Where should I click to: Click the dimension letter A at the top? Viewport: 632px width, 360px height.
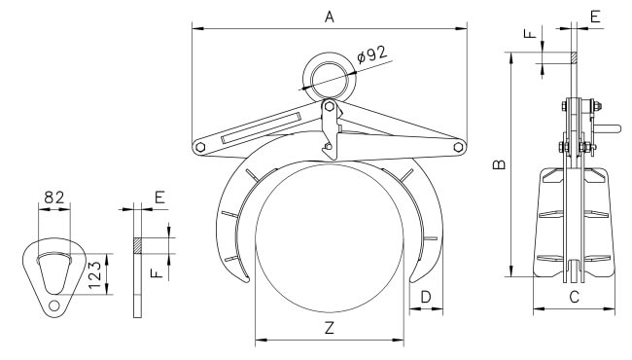pyautogui.click(x=330, y=17)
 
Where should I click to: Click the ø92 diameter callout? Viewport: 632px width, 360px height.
pyautogui.click(x=372, y=54)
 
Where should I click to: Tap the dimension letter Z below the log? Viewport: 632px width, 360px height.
pyautogui.click(x=330, y=328)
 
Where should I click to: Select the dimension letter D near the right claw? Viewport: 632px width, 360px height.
pyautogui.click(x=426, y=297)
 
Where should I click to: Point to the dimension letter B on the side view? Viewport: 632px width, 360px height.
pyautogui.click(x=500, y=164)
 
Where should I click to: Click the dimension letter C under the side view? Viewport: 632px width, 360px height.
pyautogui.click(x=574, y=297)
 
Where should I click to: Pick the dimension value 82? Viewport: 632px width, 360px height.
pyautogui.click(x=54, y=198)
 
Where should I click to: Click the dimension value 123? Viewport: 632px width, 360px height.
pyautogui.click(x=95, y=275)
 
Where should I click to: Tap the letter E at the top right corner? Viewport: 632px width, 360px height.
pyautogui.click(x=595, y=17)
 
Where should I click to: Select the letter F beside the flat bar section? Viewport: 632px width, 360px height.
pyautogui.click(x=158, y=273)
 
